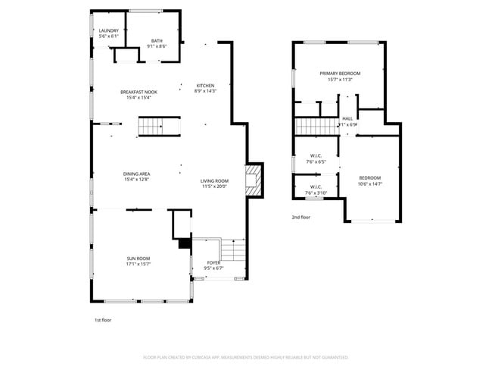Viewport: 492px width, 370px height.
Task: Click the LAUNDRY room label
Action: [x=108, y=30]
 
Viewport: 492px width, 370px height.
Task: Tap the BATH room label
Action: [x=157, y=41]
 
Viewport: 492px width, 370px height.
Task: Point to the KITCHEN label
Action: [x=206, y=86]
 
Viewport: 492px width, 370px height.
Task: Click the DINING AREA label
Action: [x=136, y=174]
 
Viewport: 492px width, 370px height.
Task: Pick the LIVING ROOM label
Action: [x=214, y=180]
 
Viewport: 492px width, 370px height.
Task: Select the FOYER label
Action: [x=213, y=262]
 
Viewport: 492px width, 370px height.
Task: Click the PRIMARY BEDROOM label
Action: [x=339, y=73]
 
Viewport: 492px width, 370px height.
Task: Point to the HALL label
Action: [x=347, y=118]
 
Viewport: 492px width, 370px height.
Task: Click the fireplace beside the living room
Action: [x=253, y=180]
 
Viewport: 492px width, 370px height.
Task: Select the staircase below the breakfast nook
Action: [x=149, y=127]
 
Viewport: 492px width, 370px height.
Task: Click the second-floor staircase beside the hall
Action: [x=315, y=126]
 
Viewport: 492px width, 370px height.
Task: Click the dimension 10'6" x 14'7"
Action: [x=370, y=183]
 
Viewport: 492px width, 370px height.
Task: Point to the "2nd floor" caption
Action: [x=300, y=217]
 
